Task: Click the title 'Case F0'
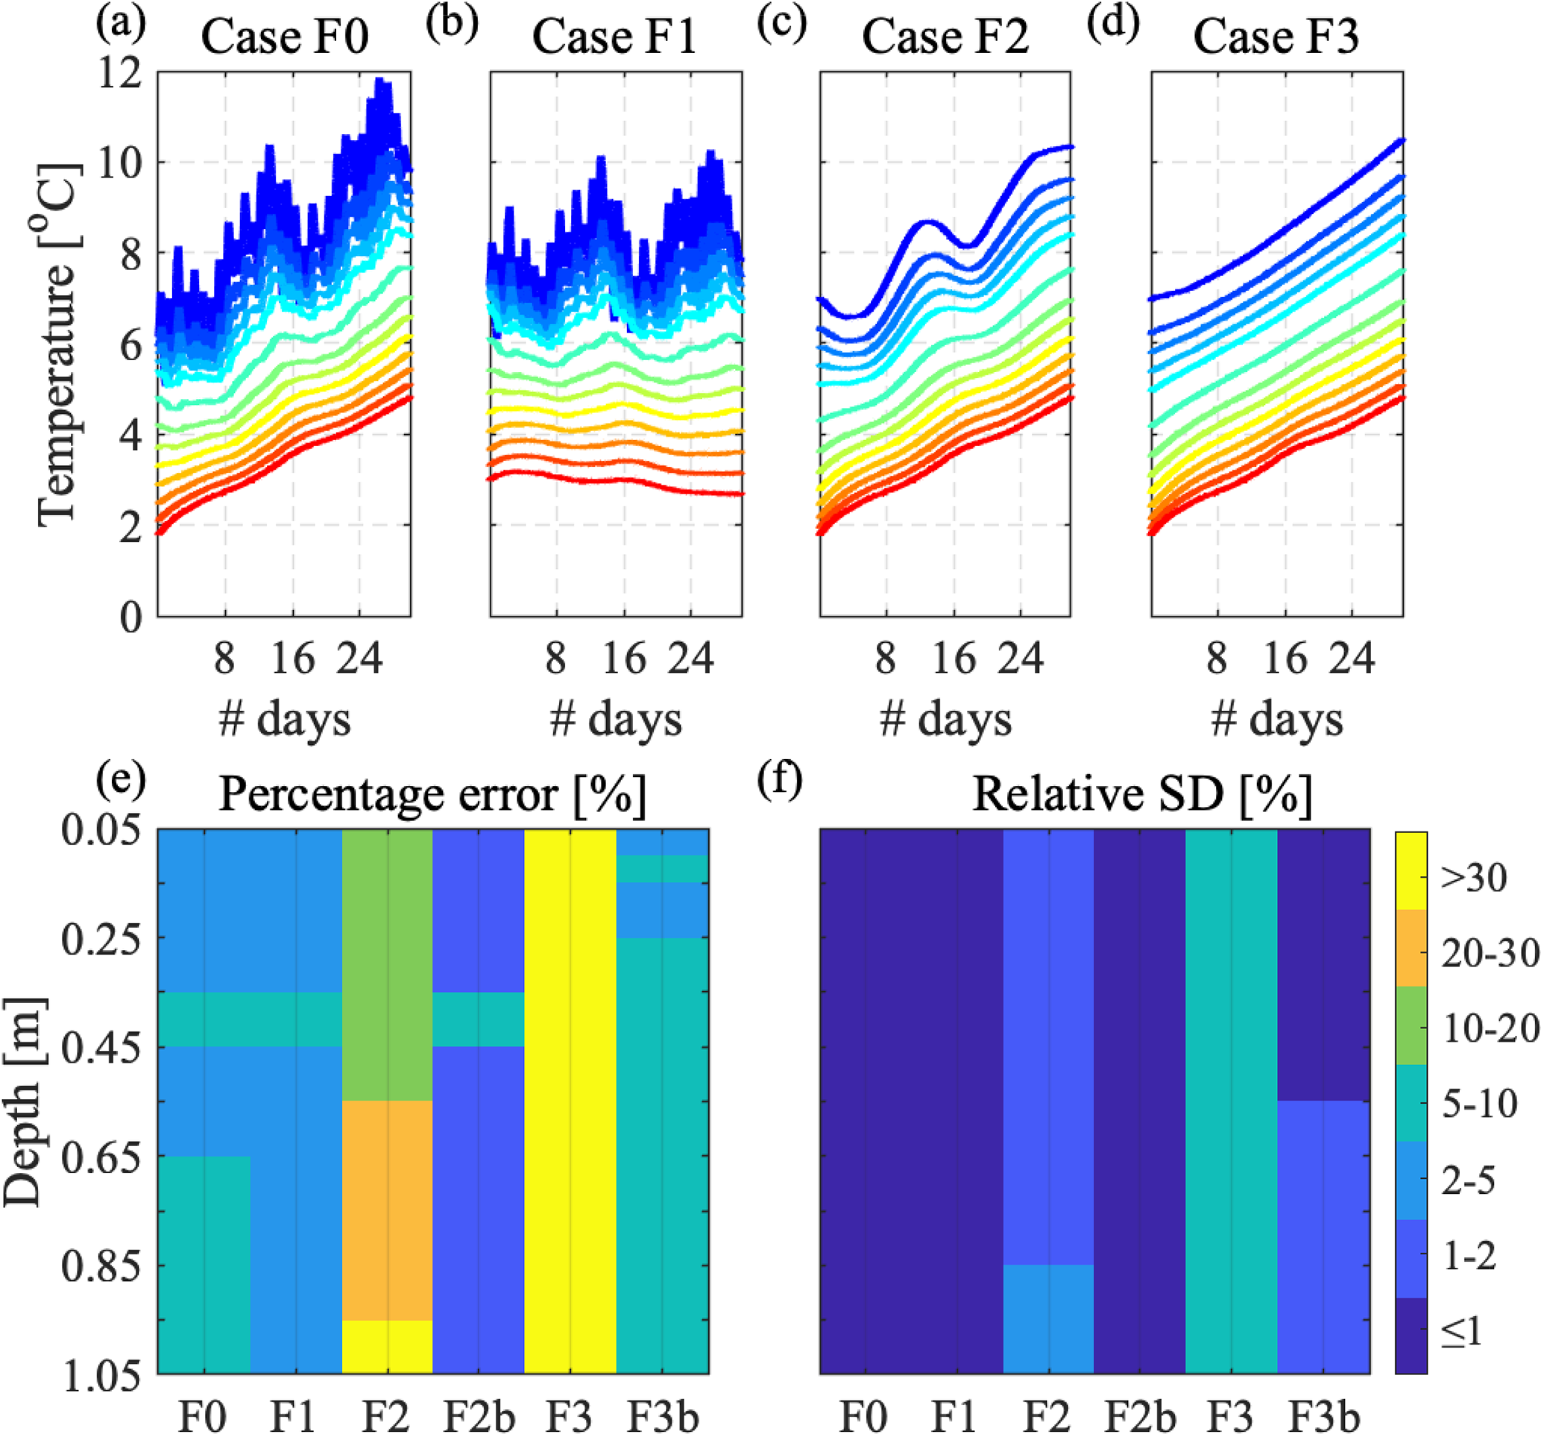tap(285, 37)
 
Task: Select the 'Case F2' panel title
tap(945, 37)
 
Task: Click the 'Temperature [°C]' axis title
tap(59, 345)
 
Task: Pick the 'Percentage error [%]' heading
tap(432, 793)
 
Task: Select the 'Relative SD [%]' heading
tap(1142, 793)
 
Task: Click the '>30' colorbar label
tap(1474, 878)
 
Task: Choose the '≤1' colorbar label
tap(1462, 1332)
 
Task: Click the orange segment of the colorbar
tap(1411, 948)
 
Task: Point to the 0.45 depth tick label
tap(101, 1047)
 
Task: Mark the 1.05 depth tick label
tap(101, 1377)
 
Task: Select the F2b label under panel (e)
tap(479, 1415)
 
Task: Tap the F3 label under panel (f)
tap(1231, 1415)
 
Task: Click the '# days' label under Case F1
tap(616, 720)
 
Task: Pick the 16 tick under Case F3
tap(1286, 659)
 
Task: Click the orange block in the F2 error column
tap(388, 1210)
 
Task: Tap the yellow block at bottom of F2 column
tap(388, 1347)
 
